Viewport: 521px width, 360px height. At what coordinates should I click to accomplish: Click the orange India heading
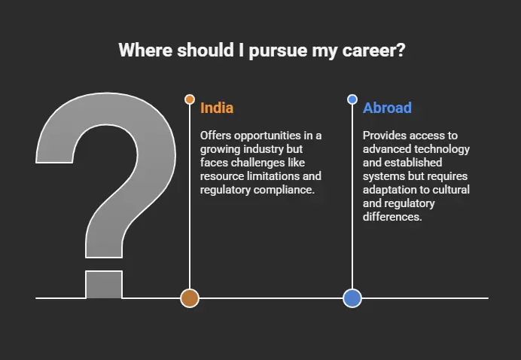click(x=217, y=108)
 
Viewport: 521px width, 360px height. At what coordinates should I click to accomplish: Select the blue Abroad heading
click(x=387, y=108)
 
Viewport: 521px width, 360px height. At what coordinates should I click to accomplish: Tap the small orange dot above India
click(x=190, y=99)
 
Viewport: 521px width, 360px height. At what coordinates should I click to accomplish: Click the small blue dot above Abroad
click(x=352, y=99)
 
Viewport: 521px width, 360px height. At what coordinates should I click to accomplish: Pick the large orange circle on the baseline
click(x=190, y=298)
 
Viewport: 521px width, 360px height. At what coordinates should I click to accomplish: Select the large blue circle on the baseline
click(x=352, y=298)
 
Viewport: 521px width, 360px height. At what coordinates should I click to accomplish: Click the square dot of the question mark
click(x=104, y=285)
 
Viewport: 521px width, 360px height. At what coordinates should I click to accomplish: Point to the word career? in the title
click(x=373, y=50)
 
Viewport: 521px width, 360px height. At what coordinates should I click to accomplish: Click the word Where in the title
click(x=145, y=50)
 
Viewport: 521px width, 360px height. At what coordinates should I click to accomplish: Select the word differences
click(x=392, y=217)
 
